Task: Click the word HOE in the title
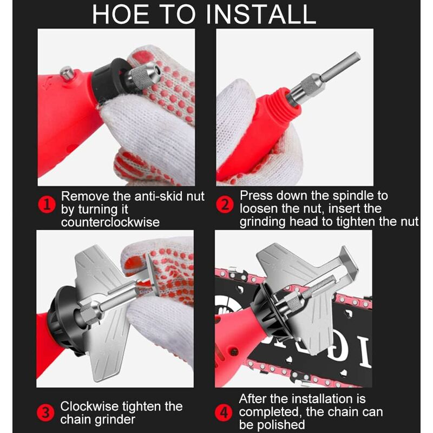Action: (x=121, y=15)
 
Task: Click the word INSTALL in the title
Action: (x=261, y=15)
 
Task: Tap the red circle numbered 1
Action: (x=47, y=205)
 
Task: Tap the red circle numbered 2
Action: (x=225, y=205)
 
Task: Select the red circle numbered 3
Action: (x=45, y=413)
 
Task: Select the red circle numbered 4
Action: (x=224, y=413)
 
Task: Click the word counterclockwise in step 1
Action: (x=110, y=222)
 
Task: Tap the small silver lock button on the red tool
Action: (x=67, y=73)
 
